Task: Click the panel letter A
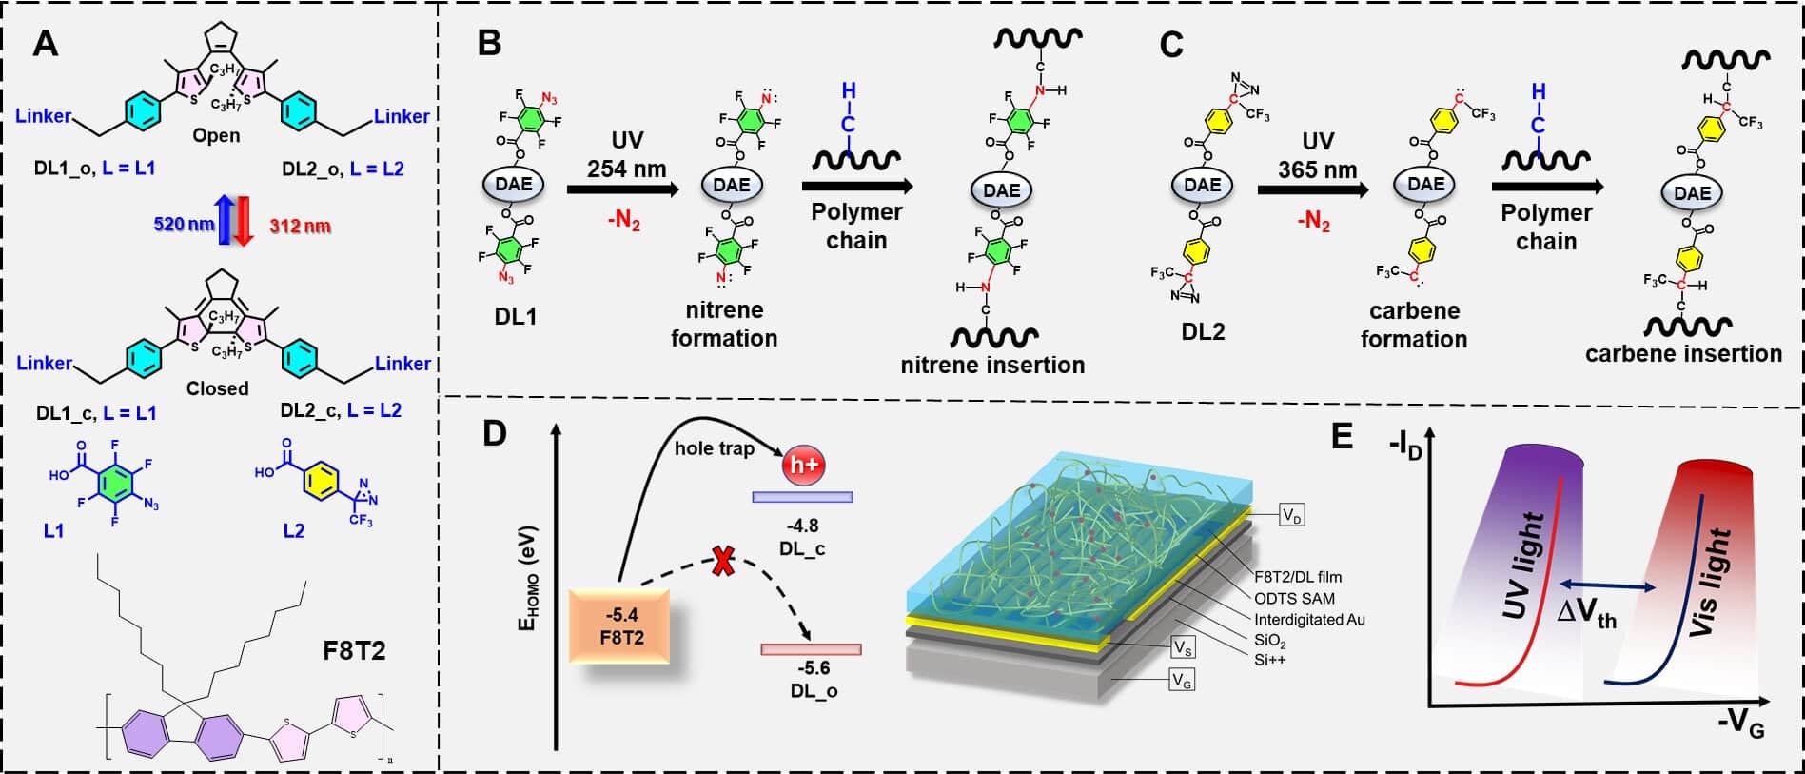[45, 43]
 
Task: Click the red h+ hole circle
[801, 466]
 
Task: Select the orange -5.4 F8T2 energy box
[619, 625]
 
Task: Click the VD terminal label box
[1291, 516]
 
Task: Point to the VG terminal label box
[1183, 680]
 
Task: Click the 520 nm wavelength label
[184, 225]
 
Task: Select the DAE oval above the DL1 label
[514, 183]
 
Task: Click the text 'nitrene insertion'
[992, 365]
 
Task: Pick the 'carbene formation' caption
[1413, 325]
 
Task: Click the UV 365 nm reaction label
[1317, 155]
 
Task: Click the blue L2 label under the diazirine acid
[294, 530]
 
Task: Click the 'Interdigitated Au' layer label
[1309, 619]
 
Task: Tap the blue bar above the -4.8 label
[802, 497]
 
